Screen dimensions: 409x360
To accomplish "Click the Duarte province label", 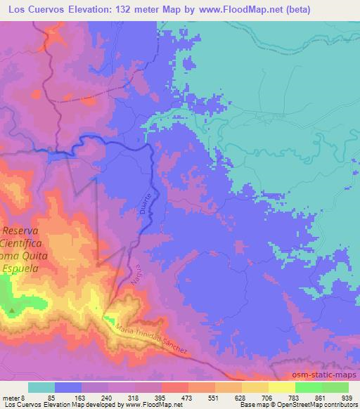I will [149, 199].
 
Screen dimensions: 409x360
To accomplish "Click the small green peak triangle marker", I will [12, 310].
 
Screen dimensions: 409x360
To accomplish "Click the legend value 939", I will [347, 397].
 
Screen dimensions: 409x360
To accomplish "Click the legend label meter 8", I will [11, 397].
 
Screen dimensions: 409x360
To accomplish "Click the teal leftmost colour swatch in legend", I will [41, 387].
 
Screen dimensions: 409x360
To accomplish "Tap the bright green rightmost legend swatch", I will [335, 387].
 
